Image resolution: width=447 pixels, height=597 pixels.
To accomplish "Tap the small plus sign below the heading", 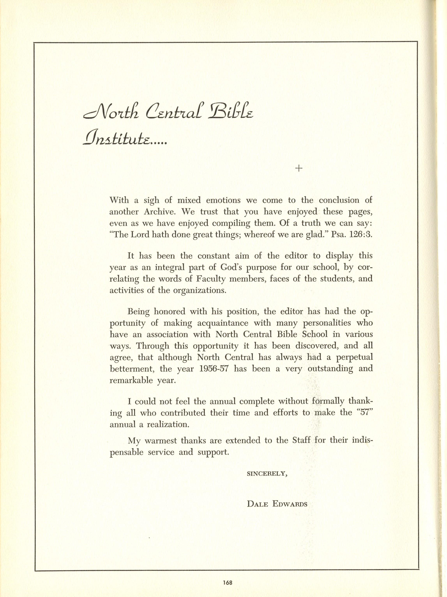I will pos(299,169).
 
